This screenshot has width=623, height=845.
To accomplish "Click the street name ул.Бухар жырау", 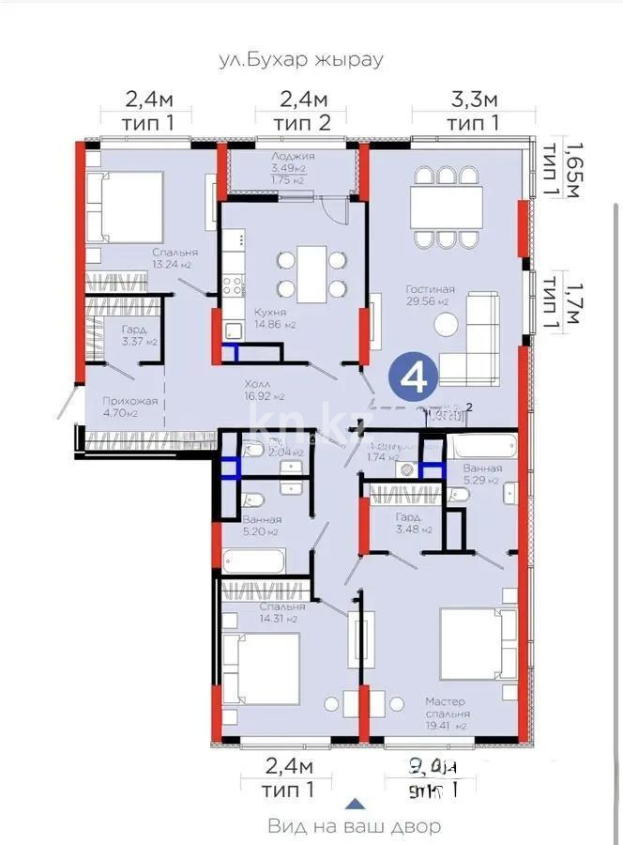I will tap(300, 59).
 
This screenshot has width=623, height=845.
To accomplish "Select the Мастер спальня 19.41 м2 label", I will tap(446, 713).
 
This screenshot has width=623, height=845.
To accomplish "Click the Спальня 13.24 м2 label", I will tap(173, 258).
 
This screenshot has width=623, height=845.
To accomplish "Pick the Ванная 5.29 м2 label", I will tap(481, 474).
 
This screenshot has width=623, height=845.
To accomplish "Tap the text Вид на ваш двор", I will tap(354, 826).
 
